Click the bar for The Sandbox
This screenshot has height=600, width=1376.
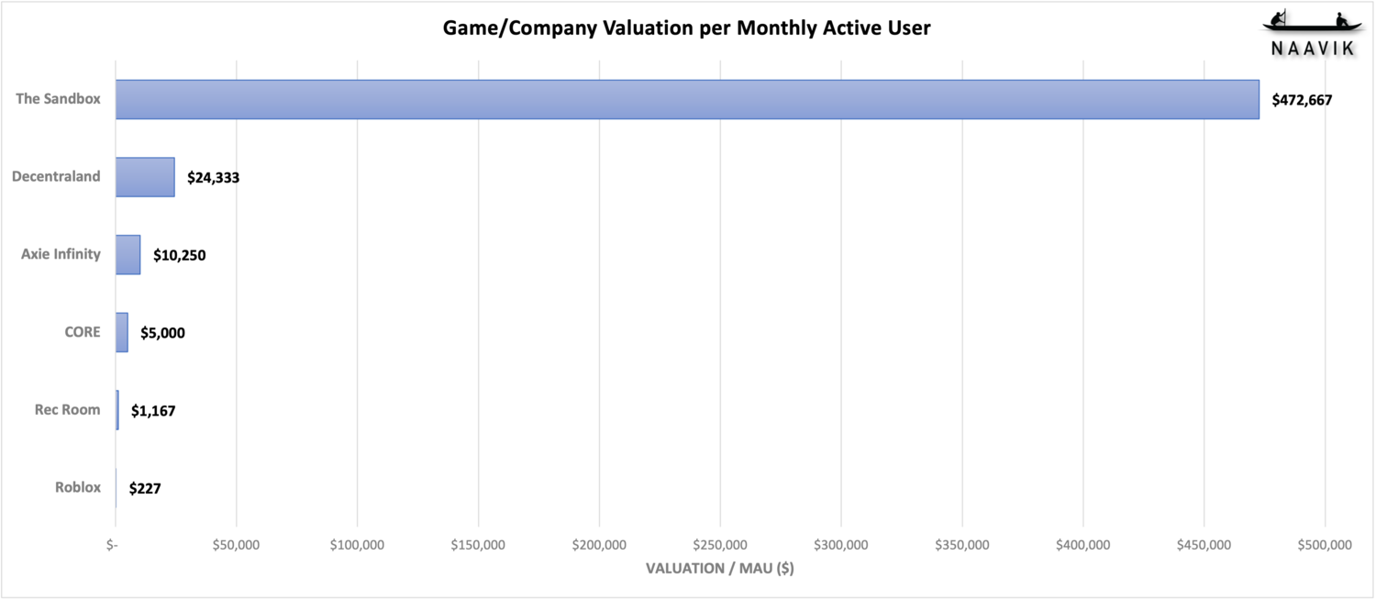point(687,99)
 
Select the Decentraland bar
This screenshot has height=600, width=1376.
point(145,177)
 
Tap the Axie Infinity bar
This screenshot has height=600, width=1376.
point(128,254)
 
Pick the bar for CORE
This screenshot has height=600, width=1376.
point(122,332)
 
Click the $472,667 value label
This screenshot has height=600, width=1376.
point(1302,100)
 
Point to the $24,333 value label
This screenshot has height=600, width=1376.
point(213,178)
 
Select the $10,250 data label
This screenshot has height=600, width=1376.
point(179,255)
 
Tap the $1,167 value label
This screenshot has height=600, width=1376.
point(153,411)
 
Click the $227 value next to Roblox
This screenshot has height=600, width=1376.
point(145,489)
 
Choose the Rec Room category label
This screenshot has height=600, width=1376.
point(67,409)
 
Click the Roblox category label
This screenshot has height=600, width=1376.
point(77,487)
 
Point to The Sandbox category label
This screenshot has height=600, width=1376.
point(58,98)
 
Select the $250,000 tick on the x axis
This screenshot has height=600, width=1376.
point(720,545)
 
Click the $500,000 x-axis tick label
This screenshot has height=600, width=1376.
point(1326,545)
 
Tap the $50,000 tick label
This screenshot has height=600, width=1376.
point(236,545)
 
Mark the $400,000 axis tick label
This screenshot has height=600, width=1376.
point(1083,545)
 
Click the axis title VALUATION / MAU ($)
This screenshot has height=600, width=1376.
point(720,568)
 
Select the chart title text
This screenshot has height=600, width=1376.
point(687,28)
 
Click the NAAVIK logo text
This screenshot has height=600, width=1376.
point(1313,50)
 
